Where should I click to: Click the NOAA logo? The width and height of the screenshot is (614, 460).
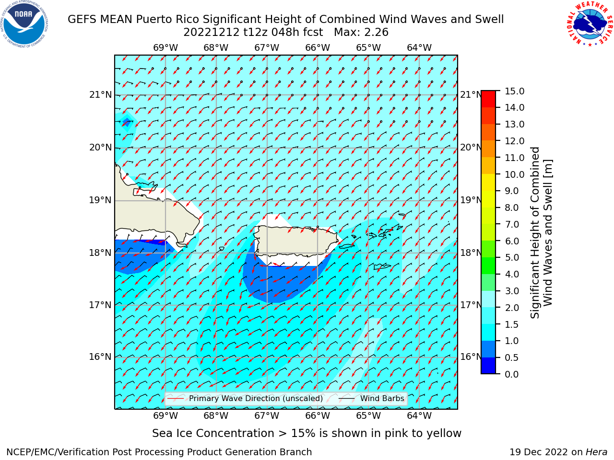tap(24, 24)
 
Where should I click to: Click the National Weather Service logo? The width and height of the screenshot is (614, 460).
tap(589, 23)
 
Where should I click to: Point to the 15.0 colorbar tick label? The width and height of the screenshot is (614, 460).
tap(514, 91)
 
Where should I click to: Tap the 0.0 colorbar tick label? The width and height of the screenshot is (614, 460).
tap(511, 374)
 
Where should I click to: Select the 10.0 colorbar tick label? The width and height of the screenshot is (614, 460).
tap(514, 174)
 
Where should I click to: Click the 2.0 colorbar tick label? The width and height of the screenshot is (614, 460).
tap(511, 308)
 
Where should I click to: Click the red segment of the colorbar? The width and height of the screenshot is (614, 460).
tap(488, 99)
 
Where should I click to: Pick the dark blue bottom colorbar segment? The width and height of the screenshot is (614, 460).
tap(488, 365)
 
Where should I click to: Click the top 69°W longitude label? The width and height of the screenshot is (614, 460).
tap(165, 48)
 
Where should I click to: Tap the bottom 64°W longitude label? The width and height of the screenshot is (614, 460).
tap(419, 415)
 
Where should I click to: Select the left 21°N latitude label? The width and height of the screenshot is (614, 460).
tap(100, 95)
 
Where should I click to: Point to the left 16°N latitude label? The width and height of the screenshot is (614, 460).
tap(100, 356)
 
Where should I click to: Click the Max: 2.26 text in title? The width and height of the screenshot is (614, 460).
tap(361, 33)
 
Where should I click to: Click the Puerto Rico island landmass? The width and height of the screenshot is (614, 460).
tap(295, 241)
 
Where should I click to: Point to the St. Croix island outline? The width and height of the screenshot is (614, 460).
tap(382, 266)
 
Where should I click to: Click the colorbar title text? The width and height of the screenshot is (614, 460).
tap(541, 232)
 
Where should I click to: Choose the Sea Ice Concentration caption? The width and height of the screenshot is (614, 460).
tap(307, 433)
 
